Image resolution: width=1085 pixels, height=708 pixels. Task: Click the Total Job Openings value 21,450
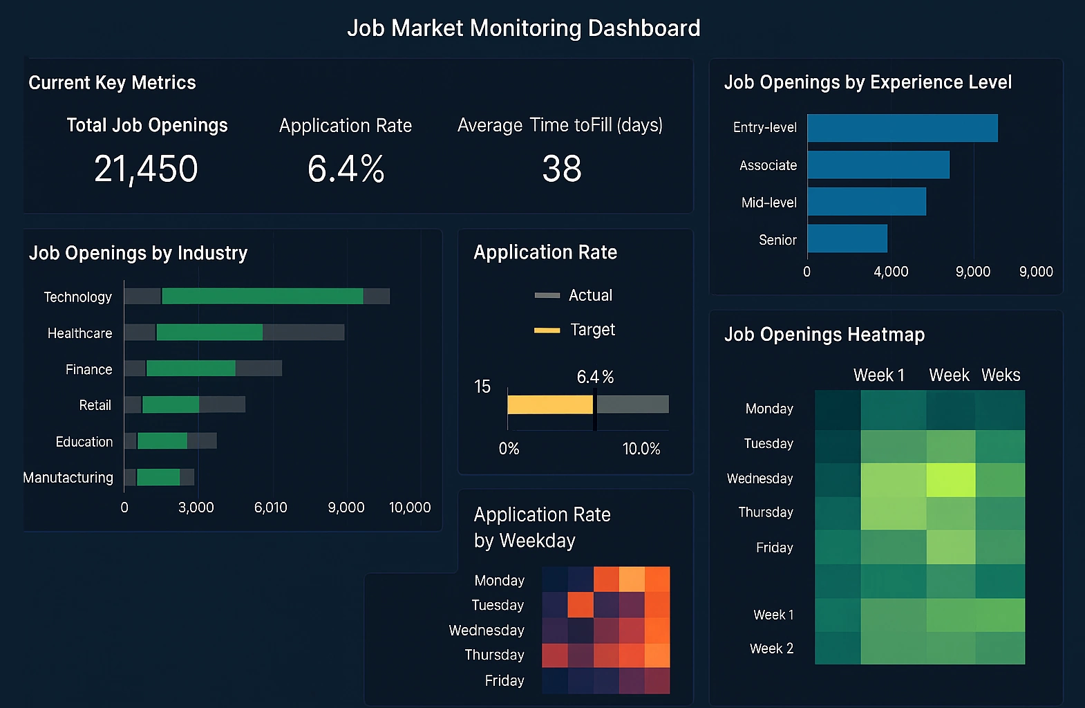pos(146,169)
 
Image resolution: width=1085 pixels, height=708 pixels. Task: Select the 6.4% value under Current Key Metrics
pos(346,169)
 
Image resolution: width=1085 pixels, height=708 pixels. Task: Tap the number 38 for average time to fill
pos(561,169)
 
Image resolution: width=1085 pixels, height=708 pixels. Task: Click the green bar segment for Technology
pos(262,296)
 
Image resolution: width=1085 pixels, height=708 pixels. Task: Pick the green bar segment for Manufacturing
pos(158,477)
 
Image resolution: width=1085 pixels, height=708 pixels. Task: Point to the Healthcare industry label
pos(79,333)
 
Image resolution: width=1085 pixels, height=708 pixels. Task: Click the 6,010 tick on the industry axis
pos(270,507)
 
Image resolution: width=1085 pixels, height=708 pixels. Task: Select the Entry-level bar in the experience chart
pos(902,128)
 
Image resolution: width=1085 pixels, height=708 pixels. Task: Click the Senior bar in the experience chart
pos(847,239)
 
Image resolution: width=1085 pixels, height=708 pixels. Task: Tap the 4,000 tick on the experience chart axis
pos(891,272)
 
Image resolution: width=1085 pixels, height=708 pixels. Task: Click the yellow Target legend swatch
pos(547,330)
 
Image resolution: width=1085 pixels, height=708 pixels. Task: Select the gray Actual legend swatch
pos(547,295)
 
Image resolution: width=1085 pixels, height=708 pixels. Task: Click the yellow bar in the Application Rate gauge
pos(549,404)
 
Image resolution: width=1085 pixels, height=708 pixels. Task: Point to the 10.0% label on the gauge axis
pos(641,449)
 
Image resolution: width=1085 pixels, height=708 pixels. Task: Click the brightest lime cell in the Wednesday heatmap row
pos(950,480)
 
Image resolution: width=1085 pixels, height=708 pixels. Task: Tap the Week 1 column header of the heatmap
pos(878,375)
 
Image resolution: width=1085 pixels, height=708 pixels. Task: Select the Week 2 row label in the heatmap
pos(771,649)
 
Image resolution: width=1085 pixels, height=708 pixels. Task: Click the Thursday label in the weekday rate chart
pos(494,655)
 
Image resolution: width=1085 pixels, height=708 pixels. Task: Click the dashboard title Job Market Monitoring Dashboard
pos(523,28)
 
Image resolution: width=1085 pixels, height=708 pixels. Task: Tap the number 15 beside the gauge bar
pos(482,386)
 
